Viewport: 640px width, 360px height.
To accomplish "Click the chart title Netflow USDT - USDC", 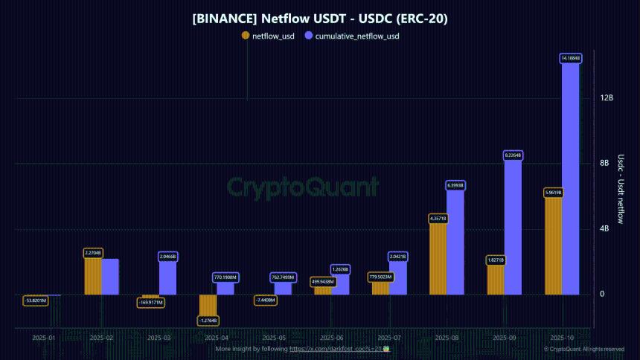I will pyautogui.click(x=320, y=17).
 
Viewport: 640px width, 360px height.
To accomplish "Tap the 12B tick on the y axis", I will pyautogui.click(x=606, y=98).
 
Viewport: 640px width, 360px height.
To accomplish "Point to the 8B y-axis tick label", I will pyautogui.click(x=604, y=164).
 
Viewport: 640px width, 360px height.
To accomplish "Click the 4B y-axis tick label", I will pyautogui.click(x=604, y=229).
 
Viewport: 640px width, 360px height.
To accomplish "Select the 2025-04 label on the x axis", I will pyautogui.click(x=217, y=338).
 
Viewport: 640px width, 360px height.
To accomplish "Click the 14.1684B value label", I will pyautogui.click(x=571, y=58).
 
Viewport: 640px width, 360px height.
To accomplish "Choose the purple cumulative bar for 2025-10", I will pyautogui.click(x=571, y=179).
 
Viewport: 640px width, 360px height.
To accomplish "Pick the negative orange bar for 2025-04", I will pyautogui.click(x=208, y=305).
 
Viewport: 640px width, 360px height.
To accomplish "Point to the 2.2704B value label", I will pyautogui.click(x=93, y=253).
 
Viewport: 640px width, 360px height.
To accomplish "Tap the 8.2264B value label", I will pyautogui.click(x=513, y=155).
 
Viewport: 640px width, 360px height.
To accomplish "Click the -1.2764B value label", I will pyautogui.click(x=208, y=321).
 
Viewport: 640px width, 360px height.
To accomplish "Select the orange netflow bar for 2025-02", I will pyautogui.click(x=93, y=276).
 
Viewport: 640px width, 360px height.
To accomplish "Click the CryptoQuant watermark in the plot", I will pyautogui.click(x=302, y=186).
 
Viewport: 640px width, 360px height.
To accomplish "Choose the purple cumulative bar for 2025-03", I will pyautogui.click(x=168, y=278).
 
